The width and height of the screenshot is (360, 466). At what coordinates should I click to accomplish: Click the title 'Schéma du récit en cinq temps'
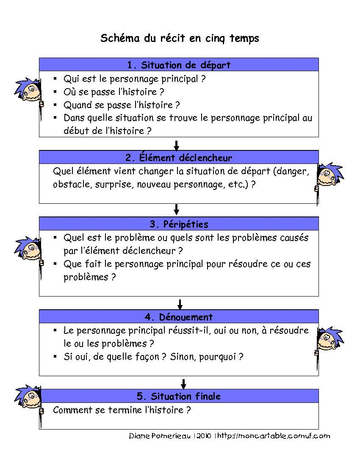click(x=180, y=38)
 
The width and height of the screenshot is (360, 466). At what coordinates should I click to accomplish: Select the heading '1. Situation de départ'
click(x=179, y=65)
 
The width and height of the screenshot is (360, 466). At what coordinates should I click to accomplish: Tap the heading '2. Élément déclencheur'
click(x=179, y=158)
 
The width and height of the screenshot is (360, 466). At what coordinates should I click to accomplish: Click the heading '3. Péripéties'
click(x=179, y=224)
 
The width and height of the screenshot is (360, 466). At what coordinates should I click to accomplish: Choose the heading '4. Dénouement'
click(x=179, y=317)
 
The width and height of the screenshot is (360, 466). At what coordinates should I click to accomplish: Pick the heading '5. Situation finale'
click(x=179, y=397)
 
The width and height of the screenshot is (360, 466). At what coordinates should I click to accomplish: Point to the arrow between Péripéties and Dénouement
click(x=180, y=304)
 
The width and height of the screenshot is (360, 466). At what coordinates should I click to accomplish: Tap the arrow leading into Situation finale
click(x=183, y=383)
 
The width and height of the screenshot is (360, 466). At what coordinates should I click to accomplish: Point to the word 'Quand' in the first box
click(x=77, y=105)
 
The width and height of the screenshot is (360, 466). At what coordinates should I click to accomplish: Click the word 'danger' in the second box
click(x=294, y=172)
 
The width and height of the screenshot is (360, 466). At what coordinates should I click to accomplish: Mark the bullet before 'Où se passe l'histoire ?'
click(x=55, y=92)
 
